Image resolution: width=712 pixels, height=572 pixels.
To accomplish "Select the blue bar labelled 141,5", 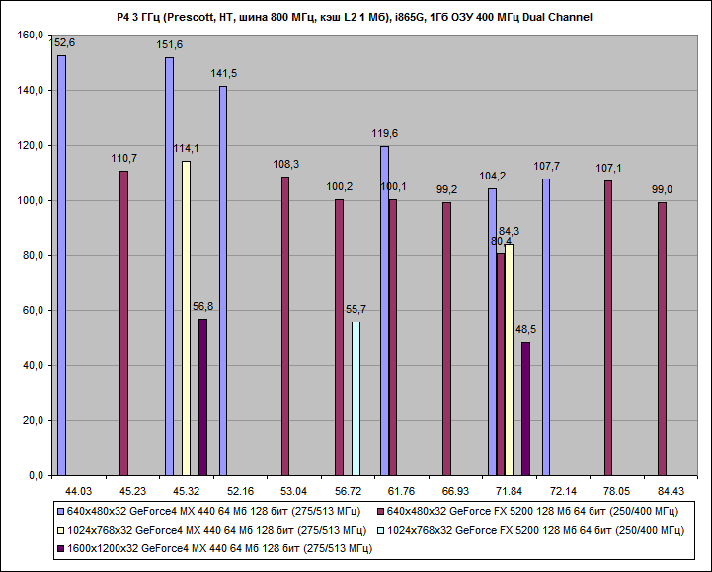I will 223,281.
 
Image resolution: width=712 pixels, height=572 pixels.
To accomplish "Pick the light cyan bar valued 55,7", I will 356,398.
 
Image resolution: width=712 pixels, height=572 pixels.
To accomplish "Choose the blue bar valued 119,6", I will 384,311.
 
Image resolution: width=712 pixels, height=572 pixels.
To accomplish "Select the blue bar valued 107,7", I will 546,326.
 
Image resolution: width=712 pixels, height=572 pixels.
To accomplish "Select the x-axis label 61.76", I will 401,490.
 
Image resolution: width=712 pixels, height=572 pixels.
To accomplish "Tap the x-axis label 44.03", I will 78,490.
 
